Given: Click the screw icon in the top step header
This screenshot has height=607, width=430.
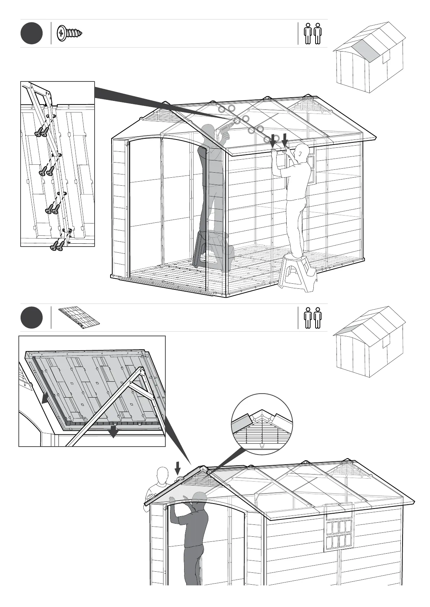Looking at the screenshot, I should click(x=70, y=33).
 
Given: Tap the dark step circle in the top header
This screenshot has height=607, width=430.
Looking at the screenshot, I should click(x=31, y=33).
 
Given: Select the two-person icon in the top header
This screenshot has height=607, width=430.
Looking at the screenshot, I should click(x=313, y=34).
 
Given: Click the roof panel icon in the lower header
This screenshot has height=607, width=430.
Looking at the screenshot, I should click(x=79, y=318).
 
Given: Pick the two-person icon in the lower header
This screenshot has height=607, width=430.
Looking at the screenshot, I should click(x=313, y=318).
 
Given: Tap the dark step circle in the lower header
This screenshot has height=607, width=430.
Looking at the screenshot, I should click(x=31, y=318).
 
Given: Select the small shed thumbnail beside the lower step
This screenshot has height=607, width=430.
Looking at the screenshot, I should click(x=370, y=342).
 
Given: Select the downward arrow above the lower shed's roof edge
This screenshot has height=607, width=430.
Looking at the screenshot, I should click(x=178, y=468).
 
